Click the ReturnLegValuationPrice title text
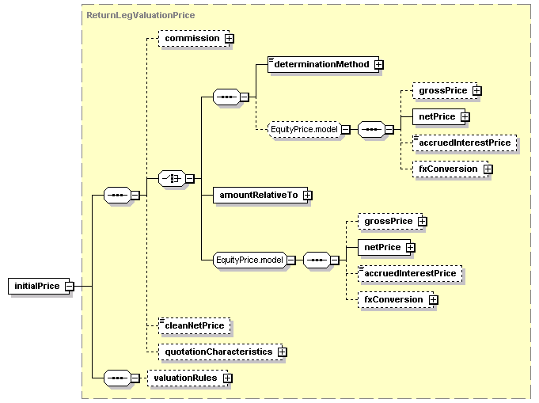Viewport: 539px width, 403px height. tap(140, 14)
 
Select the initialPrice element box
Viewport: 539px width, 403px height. tap(36, 286)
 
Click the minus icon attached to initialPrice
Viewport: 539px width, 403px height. tap(70, 286)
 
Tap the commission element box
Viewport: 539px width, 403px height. tap(192, 38)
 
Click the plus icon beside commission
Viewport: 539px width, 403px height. tap(229, 38)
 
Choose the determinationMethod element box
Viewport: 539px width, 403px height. tap(321, 64)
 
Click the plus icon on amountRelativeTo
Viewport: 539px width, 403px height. tap(307, 195)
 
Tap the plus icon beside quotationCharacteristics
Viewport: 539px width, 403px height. tap(280, 351)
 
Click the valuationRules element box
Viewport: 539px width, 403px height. tap(185, 378)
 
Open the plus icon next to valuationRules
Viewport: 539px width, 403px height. tap(228, 378)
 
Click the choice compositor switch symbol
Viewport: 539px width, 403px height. tap(171, 179)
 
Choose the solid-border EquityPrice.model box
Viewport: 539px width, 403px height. tap(249, 260)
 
